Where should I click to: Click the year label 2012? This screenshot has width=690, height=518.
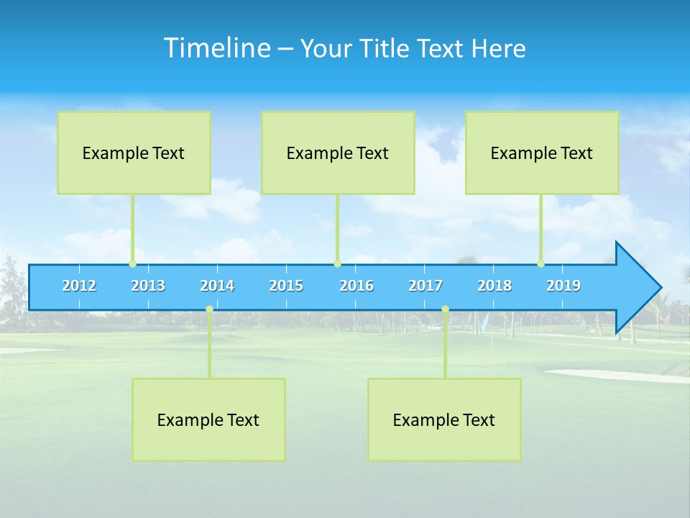79,286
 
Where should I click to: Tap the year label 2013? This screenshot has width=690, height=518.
148,286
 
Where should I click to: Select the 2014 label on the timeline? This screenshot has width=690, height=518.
217,286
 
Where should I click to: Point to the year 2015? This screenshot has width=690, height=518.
286,286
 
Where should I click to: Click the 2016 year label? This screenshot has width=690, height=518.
356,286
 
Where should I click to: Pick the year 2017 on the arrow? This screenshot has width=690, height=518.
425,286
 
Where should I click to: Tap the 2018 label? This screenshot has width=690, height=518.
494,286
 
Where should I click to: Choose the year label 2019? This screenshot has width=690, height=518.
563,286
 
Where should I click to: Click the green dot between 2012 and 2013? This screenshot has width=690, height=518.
132,263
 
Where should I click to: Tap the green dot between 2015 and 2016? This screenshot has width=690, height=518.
337,263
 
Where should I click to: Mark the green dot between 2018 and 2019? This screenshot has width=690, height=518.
541,263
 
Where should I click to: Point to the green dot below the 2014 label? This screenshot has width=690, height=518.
209,309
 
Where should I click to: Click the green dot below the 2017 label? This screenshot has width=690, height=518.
445,309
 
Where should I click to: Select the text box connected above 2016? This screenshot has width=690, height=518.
338,153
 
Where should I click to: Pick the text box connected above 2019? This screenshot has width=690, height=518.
542,153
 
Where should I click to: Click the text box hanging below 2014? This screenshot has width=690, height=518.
208,419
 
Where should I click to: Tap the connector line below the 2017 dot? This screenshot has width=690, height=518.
445,345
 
